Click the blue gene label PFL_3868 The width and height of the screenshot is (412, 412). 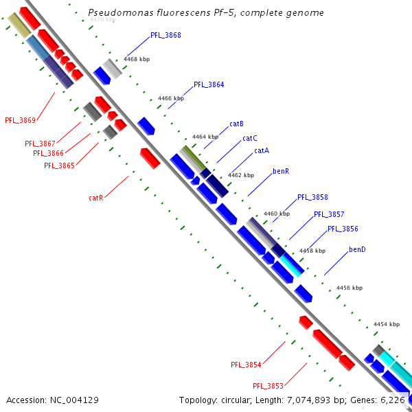(x=165, y=35)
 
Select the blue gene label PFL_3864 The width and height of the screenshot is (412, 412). (x=209, y=84)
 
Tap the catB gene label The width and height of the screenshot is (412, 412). (x=237, y=124)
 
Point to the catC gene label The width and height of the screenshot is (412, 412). (x=250, y=138)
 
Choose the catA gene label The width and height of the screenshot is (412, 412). (x=262, y=150)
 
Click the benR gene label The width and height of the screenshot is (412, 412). (x=281, y=170)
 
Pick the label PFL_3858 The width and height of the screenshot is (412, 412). (x=312, y=197)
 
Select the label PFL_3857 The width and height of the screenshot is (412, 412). (x=329, y=214)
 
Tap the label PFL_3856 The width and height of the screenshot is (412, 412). (x=343, y=229)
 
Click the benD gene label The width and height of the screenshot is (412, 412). (x=357, y=249)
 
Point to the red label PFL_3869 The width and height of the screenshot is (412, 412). (x=20, y=120)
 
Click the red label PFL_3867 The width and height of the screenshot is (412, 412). (x=40, y=144)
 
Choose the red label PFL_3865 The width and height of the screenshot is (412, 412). (x=59, y=165)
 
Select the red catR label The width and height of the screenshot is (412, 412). (x=95, y=198)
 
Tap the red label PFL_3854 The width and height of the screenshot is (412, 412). (x=246, y=365)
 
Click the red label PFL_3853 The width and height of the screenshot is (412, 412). (x=268, y=386)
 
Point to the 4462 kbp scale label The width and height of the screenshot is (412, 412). (x=241, y=175)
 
